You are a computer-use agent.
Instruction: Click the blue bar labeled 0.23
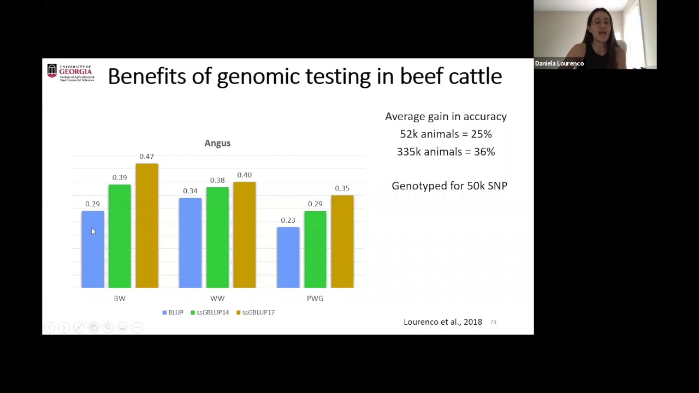click(288, 257)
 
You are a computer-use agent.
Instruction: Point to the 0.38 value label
click(217, 180)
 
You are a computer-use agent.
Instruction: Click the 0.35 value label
click(342, 188)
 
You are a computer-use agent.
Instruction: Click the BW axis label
click(120, 298)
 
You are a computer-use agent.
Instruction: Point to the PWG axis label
click(315, 298)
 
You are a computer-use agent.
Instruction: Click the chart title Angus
click(217, 143)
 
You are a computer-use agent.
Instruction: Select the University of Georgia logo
click(70, 73)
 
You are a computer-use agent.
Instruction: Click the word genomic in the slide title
click(258, 76)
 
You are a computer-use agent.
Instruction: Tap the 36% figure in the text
click(484, 152)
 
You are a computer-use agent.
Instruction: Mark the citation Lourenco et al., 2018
click(443, 321)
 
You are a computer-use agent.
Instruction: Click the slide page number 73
click(493, 322)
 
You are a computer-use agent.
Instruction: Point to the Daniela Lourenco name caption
click(559, 63)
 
